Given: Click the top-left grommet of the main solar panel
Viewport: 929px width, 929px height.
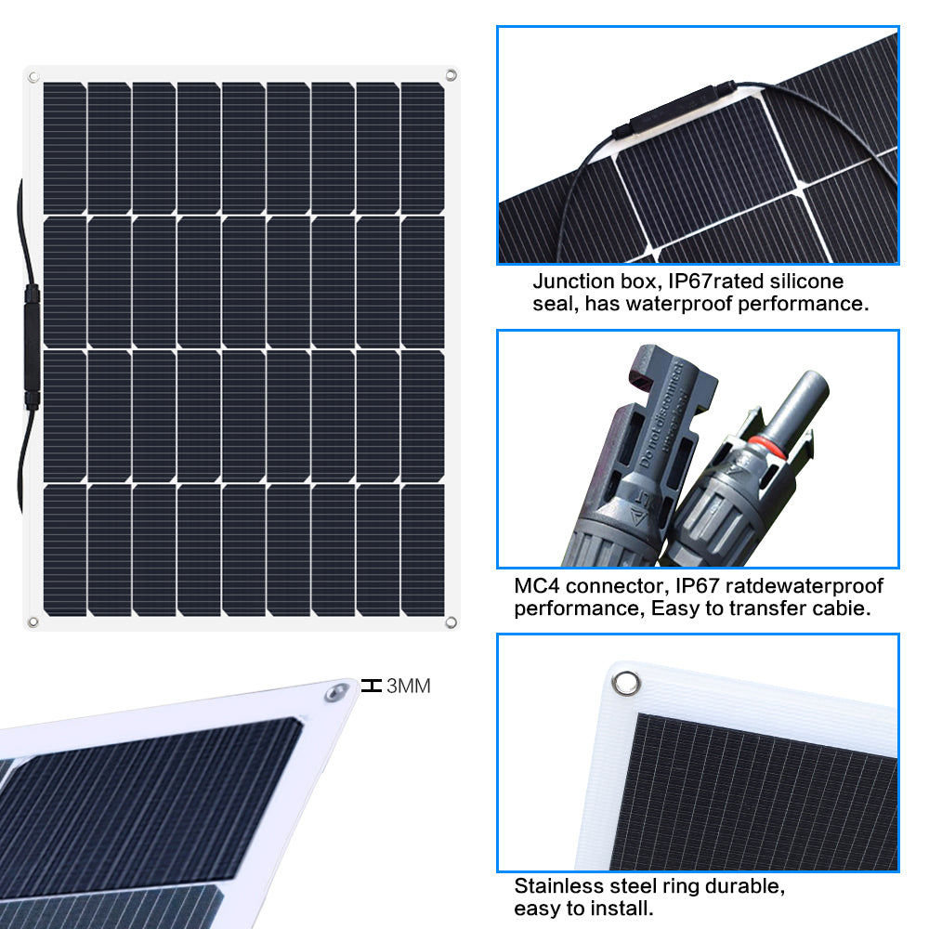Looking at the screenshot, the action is [x=33, y=77].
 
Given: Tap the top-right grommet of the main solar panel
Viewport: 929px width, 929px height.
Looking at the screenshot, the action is [x=451, y=75].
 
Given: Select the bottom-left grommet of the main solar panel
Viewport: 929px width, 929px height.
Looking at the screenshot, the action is [x=33, y=622].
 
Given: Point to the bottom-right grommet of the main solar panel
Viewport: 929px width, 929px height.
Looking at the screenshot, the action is [x=451, y=622].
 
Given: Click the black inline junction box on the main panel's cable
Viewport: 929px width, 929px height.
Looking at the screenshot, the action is [x=32, y=347].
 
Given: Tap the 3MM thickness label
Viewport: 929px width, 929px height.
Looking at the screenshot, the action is [x=408, y=687].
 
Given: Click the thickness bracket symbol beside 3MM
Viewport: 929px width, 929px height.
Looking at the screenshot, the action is [x=372, y=687].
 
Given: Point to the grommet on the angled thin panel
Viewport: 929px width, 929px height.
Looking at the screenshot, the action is [x=336, y=692].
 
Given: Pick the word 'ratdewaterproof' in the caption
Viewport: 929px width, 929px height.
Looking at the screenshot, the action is [x=804, y=586].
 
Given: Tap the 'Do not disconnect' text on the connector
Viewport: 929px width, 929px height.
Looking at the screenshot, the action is [x=662, y=413].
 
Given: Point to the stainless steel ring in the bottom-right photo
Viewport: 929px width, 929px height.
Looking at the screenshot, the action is [x=626, y=683].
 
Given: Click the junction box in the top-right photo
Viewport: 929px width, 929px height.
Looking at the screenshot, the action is [x=675, y=111].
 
